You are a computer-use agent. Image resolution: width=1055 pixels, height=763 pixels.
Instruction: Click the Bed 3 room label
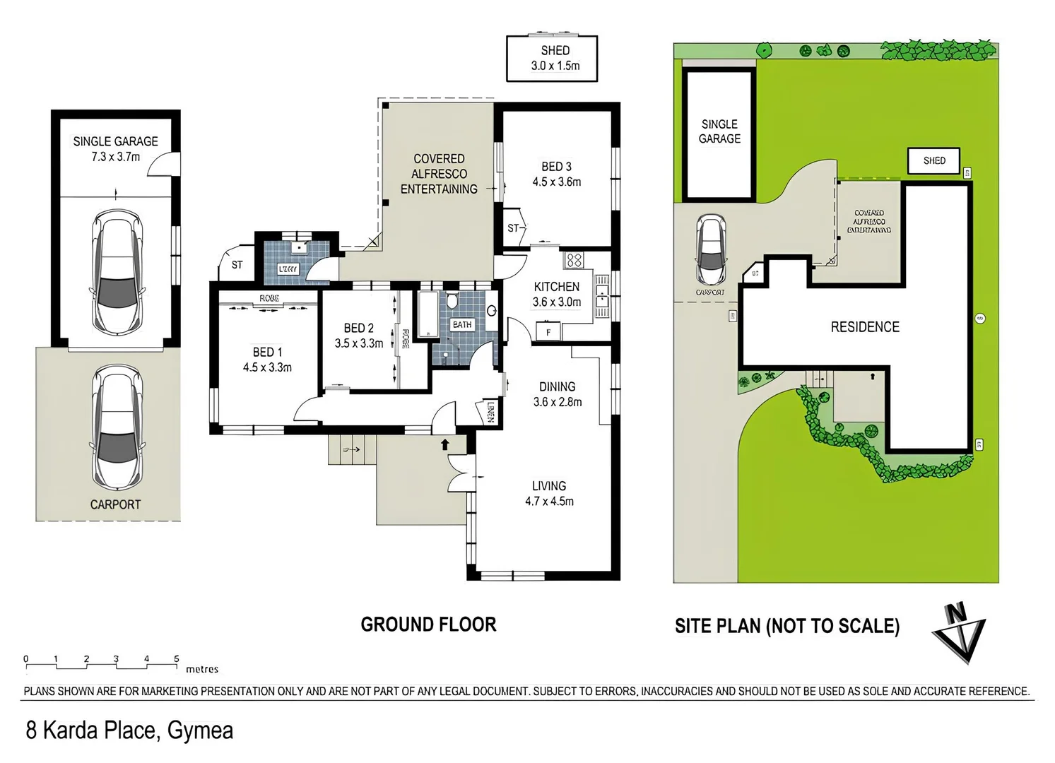(556, 167)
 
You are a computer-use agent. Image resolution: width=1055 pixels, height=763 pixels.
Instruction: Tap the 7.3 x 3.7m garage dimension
(115, 157)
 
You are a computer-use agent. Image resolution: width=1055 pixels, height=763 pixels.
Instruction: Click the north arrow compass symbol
(959, 632)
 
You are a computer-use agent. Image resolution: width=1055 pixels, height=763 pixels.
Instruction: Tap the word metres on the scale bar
(202, 669)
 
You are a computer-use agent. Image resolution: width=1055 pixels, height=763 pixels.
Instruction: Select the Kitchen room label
(556, 287)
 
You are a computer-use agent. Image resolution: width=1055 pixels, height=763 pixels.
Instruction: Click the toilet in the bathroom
(451, 302)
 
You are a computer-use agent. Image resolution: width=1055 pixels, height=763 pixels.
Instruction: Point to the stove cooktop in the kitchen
(574, 261)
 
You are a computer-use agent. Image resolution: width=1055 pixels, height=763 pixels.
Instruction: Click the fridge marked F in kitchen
(548, 331)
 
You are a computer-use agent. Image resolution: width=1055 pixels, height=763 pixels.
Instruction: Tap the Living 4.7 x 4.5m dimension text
(549, 502)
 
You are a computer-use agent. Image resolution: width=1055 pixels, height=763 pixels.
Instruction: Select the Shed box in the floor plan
(552, 59)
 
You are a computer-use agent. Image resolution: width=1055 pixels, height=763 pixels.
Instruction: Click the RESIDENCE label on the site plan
(865, 327)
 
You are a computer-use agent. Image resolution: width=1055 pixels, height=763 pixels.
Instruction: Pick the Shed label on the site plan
(933, 161)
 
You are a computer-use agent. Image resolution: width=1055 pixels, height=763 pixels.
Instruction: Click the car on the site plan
(711, 249)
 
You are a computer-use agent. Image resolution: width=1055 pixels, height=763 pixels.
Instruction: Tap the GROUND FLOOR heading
(428, 625)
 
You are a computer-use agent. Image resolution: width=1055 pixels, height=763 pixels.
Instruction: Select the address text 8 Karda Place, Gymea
(129, 730)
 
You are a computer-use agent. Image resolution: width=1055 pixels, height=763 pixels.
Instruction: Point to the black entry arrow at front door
(445, 444)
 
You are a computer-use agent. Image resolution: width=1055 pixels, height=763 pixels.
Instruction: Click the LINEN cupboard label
(491, 412)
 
